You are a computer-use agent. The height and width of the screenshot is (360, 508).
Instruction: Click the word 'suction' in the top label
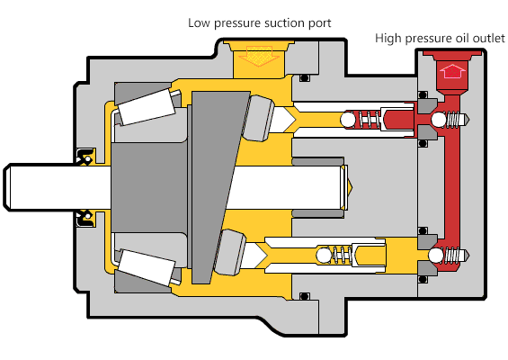tap(284, 23)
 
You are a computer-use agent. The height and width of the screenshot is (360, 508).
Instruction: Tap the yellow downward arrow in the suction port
tap(259, 56)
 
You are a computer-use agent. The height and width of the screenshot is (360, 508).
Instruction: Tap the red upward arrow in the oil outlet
tap(452, 71)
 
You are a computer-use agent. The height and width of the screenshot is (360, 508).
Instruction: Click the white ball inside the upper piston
tap(348, 120)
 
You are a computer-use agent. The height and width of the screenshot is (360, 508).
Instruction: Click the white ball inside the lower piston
tap(324, 255)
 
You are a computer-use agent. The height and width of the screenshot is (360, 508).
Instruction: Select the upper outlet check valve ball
tap(439, 120)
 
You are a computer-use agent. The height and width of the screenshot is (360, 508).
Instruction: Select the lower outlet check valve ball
tap(436, 256)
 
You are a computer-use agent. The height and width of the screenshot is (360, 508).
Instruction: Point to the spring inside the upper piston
tap(369, 120)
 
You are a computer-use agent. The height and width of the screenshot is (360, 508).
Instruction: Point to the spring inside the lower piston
tap(342, 255)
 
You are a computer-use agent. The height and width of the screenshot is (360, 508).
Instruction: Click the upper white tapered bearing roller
tap(146, 107)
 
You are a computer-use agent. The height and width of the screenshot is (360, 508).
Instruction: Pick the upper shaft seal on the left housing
tap(85, 157)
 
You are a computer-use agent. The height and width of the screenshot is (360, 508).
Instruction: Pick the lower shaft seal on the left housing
tap(85, 219)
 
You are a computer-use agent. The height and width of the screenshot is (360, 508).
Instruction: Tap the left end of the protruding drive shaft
tap(4, 187)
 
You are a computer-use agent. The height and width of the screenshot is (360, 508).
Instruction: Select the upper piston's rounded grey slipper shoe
tap(258, 118)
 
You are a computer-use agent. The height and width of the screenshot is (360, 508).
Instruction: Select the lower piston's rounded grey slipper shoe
tap(229, 252)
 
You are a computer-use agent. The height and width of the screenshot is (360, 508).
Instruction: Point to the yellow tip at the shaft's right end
tap(350, 187)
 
